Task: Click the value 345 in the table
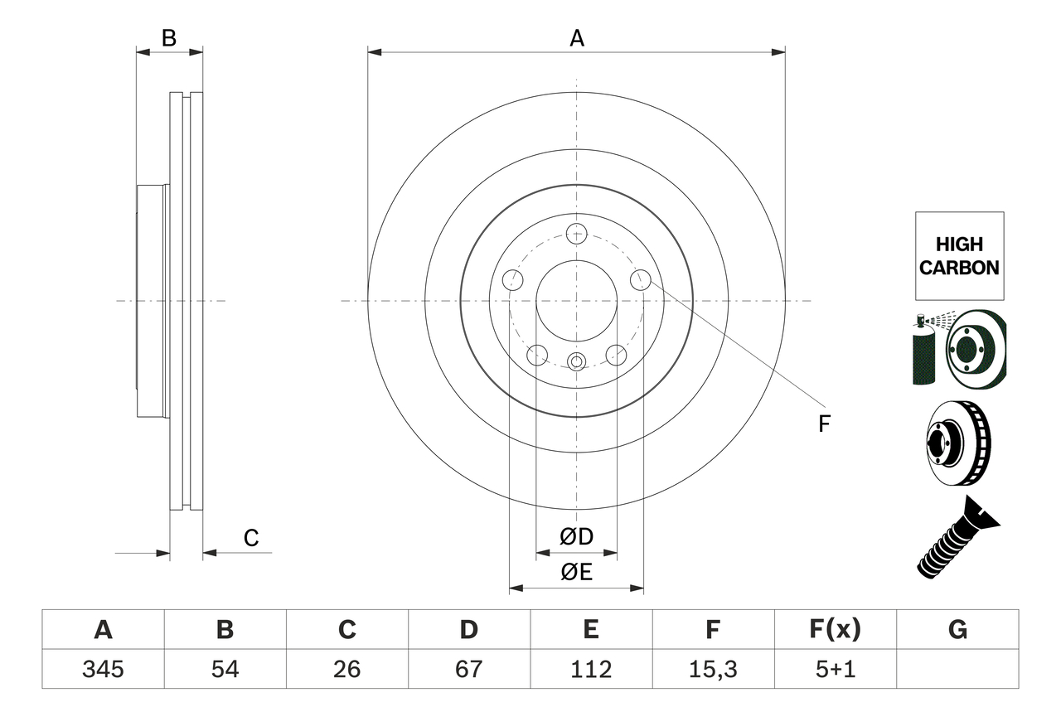(103, 669)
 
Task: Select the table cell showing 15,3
(712, 669)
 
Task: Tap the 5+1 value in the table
(835, 669)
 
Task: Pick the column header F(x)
(835, 630)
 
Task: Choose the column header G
(957, 630)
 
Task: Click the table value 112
(590, 669)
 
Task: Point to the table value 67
(468, 669)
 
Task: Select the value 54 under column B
(225, 669)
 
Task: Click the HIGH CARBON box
(959, 256)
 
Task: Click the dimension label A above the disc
(576, 38)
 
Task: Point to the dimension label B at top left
(169, 38)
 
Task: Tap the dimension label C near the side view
(251, 538)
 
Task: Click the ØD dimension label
(576, 537)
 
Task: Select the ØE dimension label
(576, 573)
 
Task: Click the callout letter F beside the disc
(823, 424)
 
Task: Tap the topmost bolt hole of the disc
(576, 233)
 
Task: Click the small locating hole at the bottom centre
(576, 361)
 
